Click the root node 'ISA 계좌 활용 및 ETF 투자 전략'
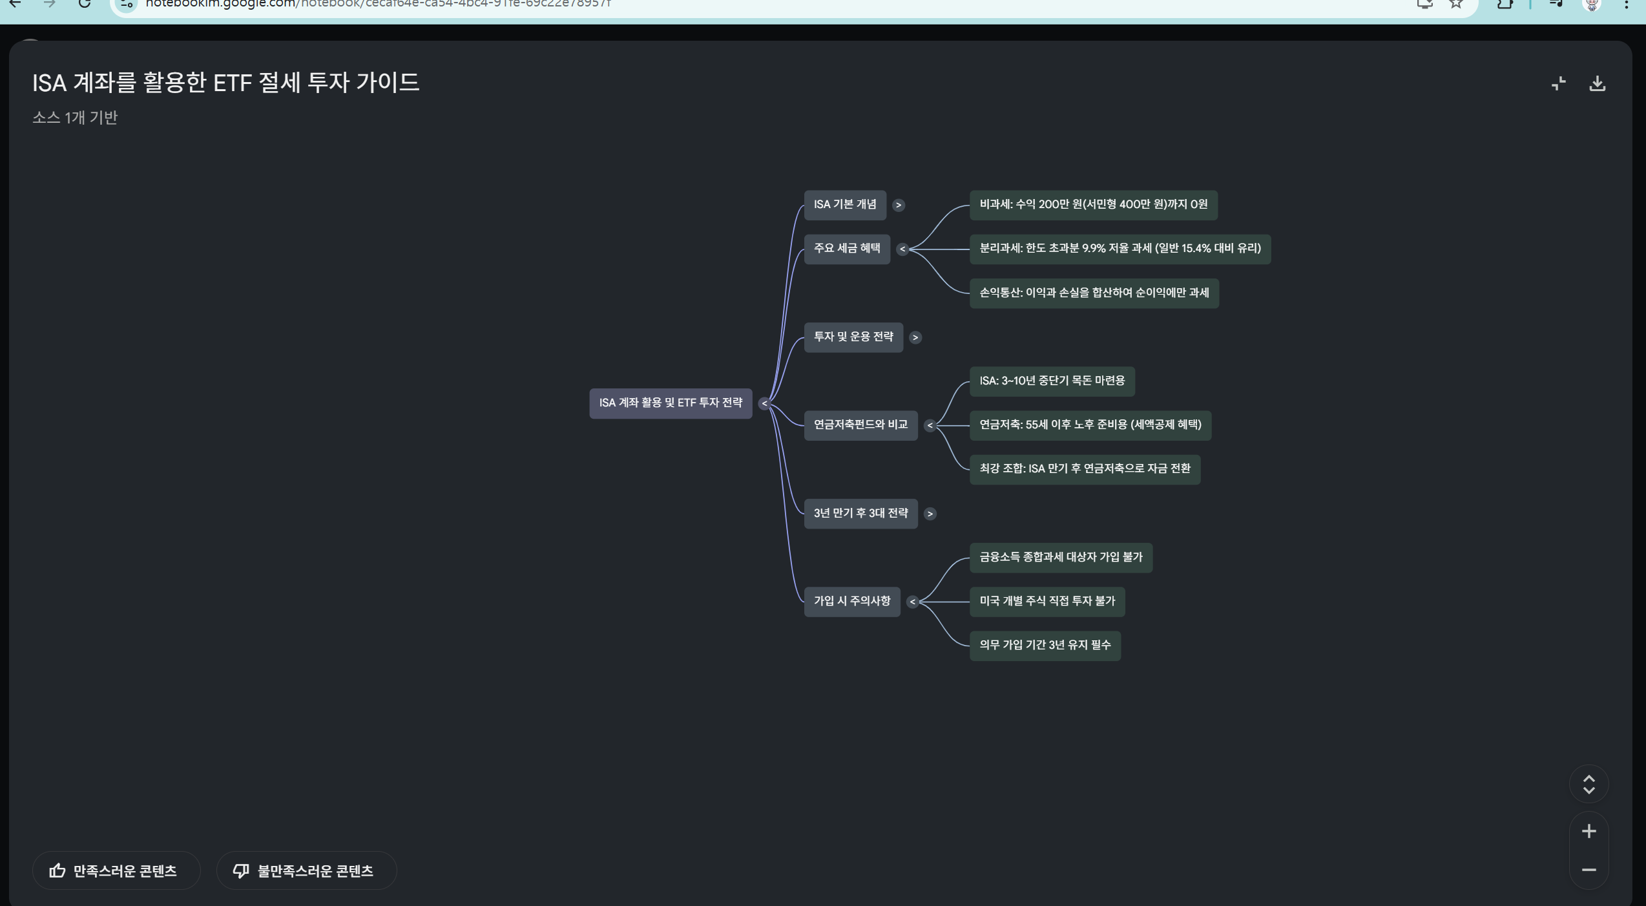(671, 403)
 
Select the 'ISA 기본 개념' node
(845, 205)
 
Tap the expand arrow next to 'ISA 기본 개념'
(899, 205)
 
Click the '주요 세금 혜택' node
(847, 249)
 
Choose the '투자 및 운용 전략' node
(853, 337)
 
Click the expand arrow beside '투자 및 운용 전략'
(915, 337)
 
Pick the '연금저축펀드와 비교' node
(860, 425)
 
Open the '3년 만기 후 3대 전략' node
(860, 514)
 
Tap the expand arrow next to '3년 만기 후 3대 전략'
(930, 514)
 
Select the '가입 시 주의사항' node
(852, 602)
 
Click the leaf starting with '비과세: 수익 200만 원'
(1094, 205)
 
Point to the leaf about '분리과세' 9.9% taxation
(1120, 249)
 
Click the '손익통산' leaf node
(1094, 293)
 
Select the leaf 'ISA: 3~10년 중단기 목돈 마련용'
(1052, 381)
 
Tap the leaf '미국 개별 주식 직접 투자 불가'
(1047, 602)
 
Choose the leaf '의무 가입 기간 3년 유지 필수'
(1045, 646)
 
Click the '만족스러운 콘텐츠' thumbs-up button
(116, 870)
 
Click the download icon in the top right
(1598, 83)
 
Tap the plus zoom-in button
(1589, 831)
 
